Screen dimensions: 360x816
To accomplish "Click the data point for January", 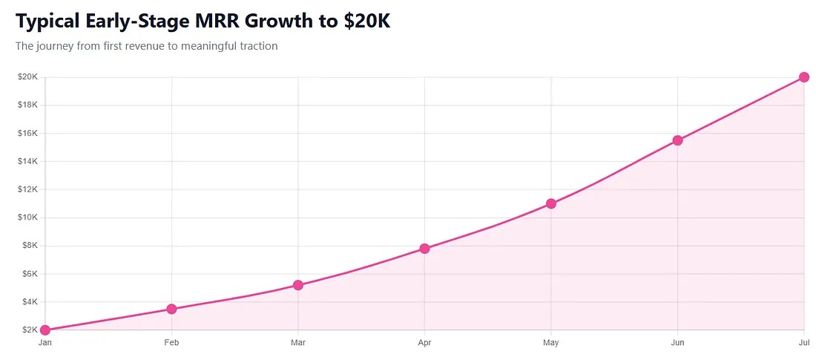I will click(45, 330).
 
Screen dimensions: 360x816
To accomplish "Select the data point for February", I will click(171, 309).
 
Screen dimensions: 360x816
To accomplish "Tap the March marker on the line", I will click(298, 285).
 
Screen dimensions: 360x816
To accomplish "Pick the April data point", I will click(424, 248).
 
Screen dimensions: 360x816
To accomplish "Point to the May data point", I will click(551, 203).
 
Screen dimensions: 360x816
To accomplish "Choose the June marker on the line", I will click(677, 140).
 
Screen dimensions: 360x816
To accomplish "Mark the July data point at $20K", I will click(803, 77).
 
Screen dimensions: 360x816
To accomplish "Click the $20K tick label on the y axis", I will click(27, 77).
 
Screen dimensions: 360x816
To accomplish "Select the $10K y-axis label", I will click(27, 217).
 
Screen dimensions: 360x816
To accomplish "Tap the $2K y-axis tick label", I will click(30, 330).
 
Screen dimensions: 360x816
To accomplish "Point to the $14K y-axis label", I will click(27, 161).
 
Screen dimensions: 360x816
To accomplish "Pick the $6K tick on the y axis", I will click(30, 274).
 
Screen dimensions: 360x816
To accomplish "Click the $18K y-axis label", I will click(27, 105).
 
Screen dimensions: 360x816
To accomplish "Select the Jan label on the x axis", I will click(45, 343).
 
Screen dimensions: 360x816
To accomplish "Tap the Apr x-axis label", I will click(424, 343).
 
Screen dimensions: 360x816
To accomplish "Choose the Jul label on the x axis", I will click(803, 343).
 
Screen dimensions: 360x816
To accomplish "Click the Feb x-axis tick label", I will click(171, 343).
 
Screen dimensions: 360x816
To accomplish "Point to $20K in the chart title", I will click(366, 22).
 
